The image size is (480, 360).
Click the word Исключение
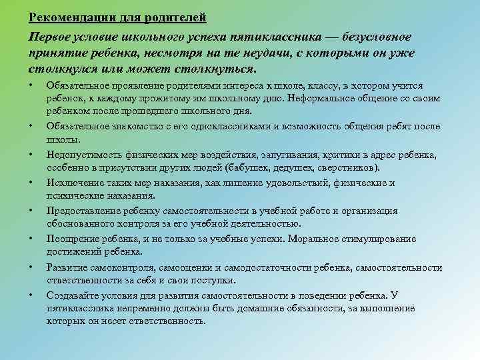[x=73, y=183]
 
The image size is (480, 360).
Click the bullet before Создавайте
[x=32, y=295]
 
